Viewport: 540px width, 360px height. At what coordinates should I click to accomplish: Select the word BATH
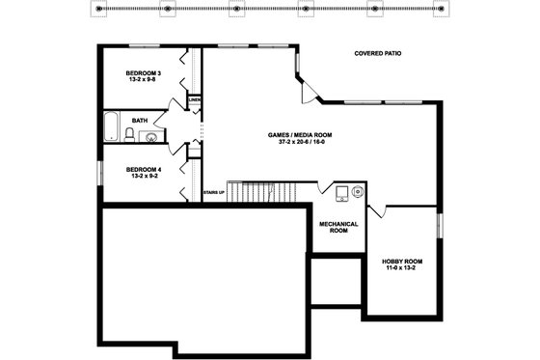click(140, 121)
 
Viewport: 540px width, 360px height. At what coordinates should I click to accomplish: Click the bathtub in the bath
click(111, 127)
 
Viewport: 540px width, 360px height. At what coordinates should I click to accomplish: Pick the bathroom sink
click(149, 137)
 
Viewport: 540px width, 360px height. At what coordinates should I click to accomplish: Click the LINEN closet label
click(194, 99)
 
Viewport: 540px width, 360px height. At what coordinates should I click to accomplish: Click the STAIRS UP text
click(214, 193)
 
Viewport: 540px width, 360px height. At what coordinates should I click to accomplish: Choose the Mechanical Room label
click(338, 227)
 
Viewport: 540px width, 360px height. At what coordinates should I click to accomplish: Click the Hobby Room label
click(402, 262)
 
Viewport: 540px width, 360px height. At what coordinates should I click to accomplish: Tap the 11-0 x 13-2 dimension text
click(402, 269)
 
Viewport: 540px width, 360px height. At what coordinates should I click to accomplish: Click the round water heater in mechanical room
click(358, 191)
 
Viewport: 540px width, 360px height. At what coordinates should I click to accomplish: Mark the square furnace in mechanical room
click(341, 193)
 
